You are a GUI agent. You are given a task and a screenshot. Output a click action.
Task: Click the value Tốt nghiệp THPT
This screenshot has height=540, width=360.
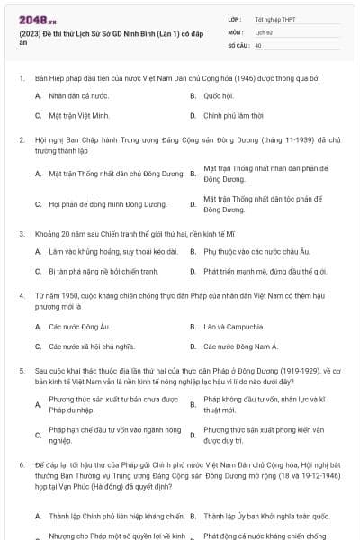coord(274,19)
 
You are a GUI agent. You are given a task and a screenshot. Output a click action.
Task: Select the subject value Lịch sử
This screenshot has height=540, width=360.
coord(264,31)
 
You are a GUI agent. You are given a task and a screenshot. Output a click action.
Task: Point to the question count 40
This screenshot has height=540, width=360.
coord(258,44)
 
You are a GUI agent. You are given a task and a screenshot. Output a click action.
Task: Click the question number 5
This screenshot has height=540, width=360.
coord(22,369)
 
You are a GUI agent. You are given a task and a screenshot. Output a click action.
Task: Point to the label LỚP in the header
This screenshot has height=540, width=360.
coord(235,19)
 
